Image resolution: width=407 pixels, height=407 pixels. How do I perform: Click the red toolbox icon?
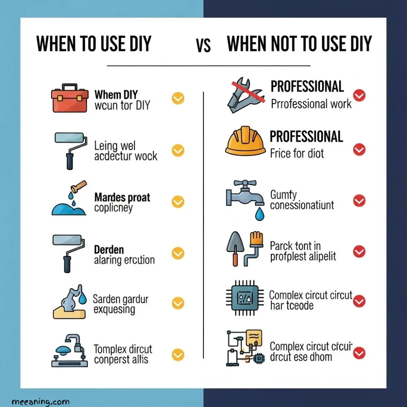coord(70,98)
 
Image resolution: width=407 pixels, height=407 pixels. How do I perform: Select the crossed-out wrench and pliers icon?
coord(244,95)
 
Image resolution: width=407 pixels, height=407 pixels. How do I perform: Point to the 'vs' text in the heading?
coord(203,46)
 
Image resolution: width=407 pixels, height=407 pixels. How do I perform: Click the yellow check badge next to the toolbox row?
coord(178,98)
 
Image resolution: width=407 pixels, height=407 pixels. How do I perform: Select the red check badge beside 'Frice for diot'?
coord(359,150)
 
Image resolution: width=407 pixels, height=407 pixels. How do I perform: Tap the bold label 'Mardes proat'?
coord(122,198)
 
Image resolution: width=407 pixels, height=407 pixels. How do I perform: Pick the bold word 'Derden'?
coord(109,249)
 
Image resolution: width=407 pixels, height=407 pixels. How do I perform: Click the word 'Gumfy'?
coord(284,195)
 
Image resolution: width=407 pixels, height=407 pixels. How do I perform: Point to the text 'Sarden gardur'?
coord(120,299)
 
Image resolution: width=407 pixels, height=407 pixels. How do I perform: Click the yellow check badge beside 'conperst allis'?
coord(178,354)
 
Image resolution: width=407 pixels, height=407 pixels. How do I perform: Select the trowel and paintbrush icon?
coord(244,248)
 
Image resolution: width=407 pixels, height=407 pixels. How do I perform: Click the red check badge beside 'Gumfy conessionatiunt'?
coord(359,201)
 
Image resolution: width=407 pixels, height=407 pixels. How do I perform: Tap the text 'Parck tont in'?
coord(295,246)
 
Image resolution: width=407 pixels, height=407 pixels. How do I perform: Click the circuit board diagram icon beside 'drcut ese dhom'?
coord(245,348)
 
